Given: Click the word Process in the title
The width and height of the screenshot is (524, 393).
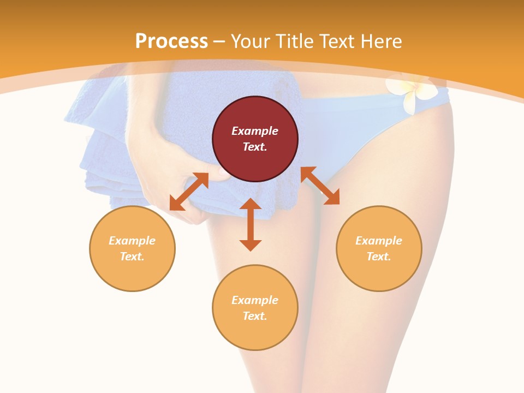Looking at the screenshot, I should pyautogui.click(x=171, y=41).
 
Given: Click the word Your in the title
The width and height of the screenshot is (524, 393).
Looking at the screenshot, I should pyautogui.click(x=250, y=41).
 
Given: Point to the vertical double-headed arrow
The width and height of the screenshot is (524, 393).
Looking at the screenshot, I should pyautogui.click(x=251, y=224).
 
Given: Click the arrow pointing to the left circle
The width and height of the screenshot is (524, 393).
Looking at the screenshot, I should pyautogui.click(x=189, y=192).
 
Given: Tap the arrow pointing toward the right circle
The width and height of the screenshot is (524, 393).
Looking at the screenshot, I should pyautogui.click(x=320, y=186).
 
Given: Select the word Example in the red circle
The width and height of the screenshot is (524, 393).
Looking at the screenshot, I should pyautogui.click(x=255, y=131).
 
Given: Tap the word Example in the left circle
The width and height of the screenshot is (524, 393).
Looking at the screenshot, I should pyautogui.click(x=132, y=241).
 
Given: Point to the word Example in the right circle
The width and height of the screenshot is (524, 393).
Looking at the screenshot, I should pyautogui.click(x=379, y=241).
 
